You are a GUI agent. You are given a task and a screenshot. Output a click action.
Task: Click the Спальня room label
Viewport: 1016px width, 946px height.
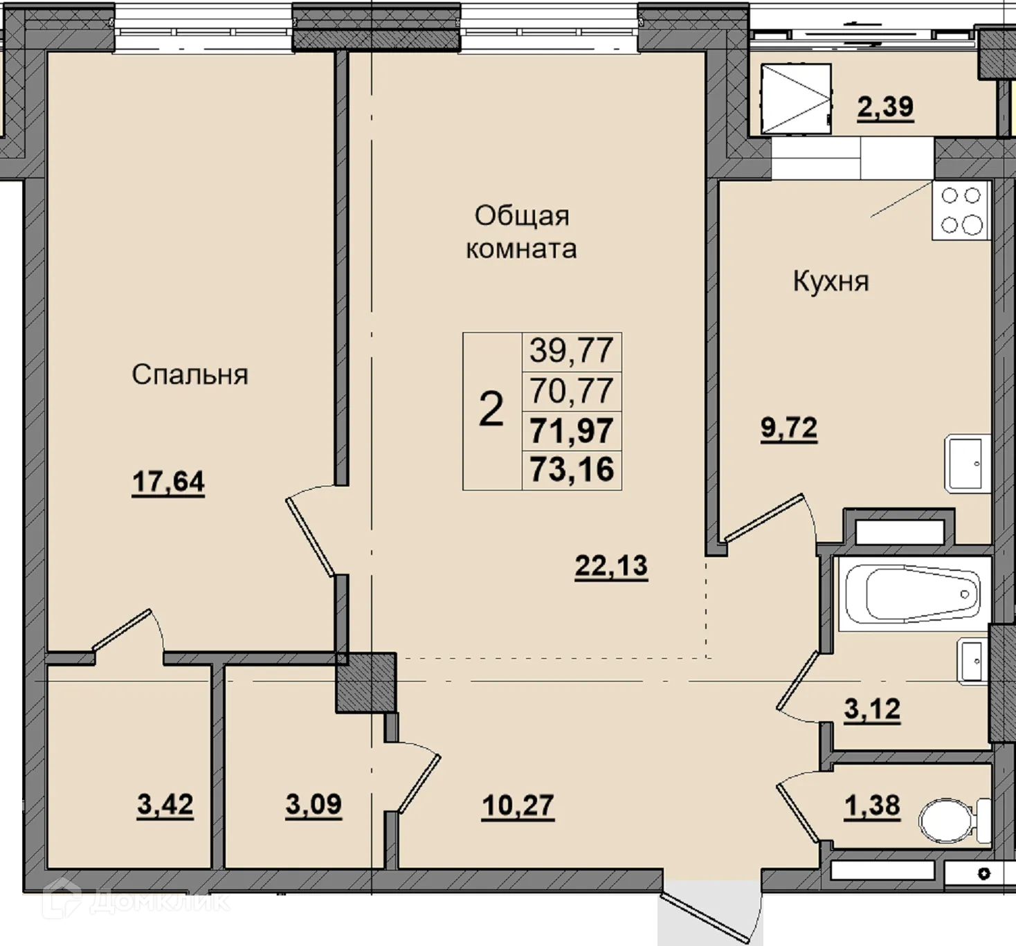pyautogui.click(x=190, y=375)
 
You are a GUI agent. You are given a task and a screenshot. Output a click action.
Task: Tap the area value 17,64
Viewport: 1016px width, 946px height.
pyautogui.click(x=168, y=482)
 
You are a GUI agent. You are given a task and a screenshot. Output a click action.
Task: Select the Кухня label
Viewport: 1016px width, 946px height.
pyautogui.click(x=831, y=282)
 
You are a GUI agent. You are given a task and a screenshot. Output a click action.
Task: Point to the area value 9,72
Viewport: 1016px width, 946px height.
pyautogui.click(x=789, y=428)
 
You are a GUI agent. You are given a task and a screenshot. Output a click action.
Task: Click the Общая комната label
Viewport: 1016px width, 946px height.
pyautogui.click(x=521, y=233)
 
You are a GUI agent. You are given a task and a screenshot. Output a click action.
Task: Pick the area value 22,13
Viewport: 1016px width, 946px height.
pyautogui.click(x=611, y=566)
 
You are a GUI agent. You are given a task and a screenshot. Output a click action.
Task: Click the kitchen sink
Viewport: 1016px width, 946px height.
pyautogui.click(x=968, y=464)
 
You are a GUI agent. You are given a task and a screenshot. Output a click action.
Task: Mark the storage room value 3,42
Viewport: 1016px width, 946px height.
pyautogui.click(x=165, y=804)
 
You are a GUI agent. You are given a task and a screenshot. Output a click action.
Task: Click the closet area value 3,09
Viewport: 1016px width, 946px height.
pyautogui.click(x=314, y=804)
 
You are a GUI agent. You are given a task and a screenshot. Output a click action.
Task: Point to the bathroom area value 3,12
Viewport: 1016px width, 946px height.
pyautogui.click(x=872, y=709)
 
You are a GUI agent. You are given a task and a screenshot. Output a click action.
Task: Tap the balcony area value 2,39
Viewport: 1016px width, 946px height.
pyautogui.click(x=886, y=107)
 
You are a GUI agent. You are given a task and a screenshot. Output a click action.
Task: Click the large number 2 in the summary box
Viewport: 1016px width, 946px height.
pyautogui.click(x=491, y=409)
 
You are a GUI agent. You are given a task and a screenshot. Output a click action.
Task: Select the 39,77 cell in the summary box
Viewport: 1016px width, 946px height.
pyautogui.click(x=572, y=351)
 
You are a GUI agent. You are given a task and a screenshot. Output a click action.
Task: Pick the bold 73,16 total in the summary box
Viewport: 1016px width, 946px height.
pyautogui.click(x=572, y=470)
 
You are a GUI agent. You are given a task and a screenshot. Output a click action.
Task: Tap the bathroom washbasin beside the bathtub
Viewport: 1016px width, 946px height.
pyautogui.click(x=972, y=661)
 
